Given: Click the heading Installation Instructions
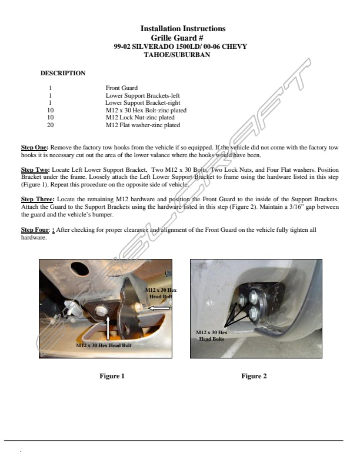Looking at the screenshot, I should click(x=182, y=28).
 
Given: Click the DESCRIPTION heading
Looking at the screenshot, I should click(x=63, y=73).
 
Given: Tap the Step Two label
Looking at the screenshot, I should click(x=35, y=169).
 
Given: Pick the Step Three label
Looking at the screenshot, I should click(x=36, y=199).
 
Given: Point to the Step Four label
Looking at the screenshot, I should click(x=35, y=229).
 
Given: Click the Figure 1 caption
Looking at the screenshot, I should click(x=112, y=376).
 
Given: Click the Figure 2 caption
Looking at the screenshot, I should click(x=254, y=376).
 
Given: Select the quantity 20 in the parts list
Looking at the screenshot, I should click(x=50, y=125).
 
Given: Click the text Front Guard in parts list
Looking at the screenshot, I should click(x=121, y=88).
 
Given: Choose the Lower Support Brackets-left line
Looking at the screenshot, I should click(x=142, y=95).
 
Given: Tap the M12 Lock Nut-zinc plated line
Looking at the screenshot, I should click(x=140, y=118).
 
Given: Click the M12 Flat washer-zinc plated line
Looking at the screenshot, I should click(x=143, y=125).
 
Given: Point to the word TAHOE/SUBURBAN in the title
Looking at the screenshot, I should click(x=176, y=55).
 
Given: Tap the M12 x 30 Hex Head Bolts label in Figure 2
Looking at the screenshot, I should click(x=211, y=335).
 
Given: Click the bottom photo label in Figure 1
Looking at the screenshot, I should click(x=104, y=345).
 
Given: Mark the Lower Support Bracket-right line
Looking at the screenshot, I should click(x=143, y=103).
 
